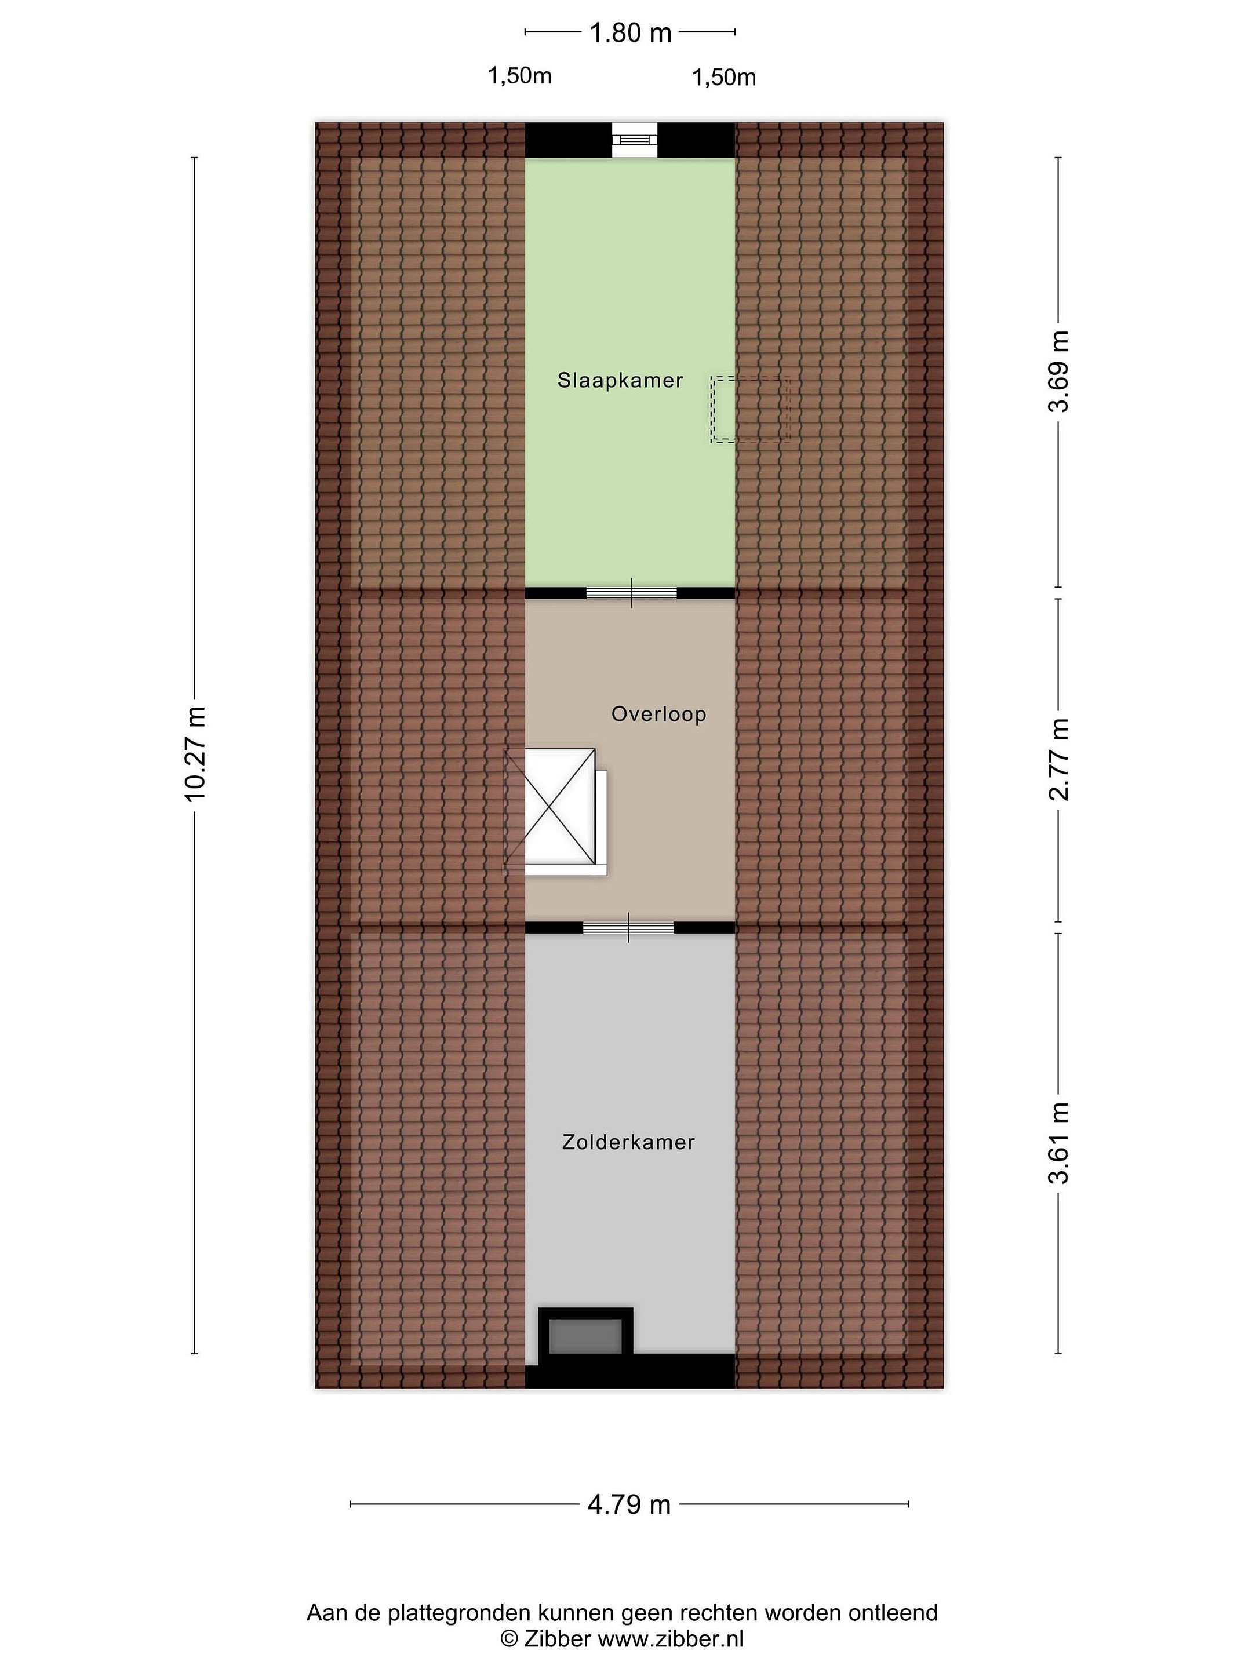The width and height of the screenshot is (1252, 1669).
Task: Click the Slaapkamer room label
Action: coord(620,380)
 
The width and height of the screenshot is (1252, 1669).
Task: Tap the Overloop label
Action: coord(659,714)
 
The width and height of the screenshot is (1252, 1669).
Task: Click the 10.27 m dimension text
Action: coord(195,755)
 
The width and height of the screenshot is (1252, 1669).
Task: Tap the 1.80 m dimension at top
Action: coord(630,33)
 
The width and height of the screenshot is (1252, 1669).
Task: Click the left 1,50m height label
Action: coord(520,76)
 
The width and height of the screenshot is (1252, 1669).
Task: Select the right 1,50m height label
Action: coord(725,78)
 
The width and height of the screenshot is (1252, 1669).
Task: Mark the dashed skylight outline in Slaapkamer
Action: coord(750,409)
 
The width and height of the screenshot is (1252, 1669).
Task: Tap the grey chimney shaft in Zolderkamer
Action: coord(585,1336)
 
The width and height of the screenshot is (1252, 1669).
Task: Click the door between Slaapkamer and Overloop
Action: coord(632,593)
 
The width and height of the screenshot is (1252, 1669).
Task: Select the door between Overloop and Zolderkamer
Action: coord(629,927)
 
